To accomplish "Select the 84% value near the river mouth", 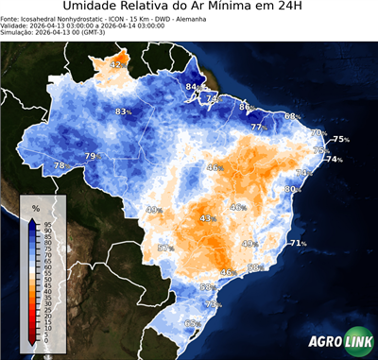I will click(x=193, y=87).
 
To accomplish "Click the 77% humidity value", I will click(x=258, y=127).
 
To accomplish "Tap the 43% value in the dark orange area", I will click(x=208, y=218).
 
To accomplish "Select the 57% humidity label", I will click(x=165, y=248).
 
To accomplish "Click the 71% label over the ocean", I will click(x=298, y=244).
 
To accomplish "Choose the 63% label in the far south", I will click(x=193, y=324).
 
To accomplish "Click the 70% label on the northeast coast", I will click(x=318, y=133).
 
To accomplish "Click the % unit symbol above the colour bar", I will click(x=36, y=207).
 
